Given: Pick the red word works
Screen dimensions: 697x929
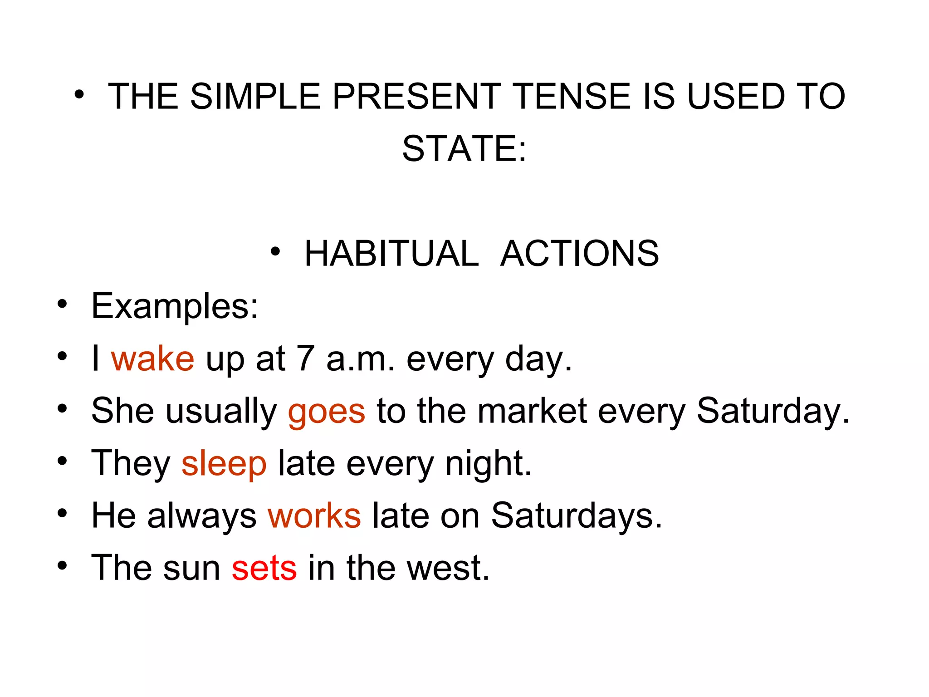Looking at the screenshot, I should click(314, 516).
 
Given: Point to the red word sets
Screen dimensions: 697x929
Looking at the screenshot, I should click(264, 568).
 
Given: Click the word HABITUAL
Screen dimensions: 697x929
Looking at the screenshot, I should click(391, 254).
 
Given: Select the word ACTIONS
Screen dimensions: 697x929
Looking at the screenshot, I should click(579, 254).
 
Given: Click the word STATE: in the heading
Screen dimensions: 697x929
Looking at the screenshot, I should click(464, 149).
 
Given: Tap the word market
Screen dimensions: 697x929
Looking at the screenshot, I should click(533, 411).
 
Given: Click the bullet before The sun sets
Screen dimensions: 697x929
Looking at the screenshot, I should click(62, 566).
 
